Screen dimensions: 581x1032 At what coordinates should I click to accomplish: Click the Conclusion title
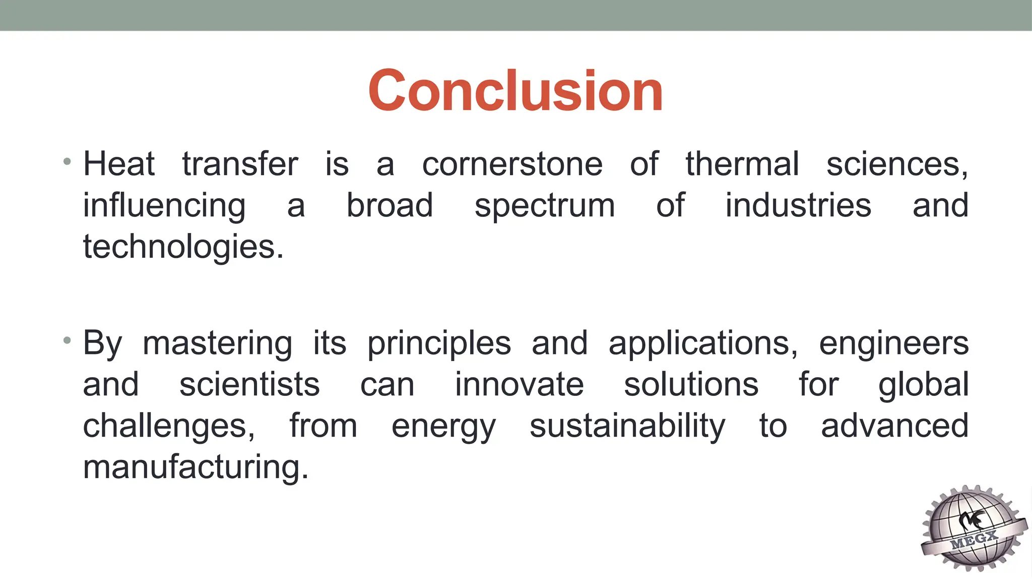coord(515,91)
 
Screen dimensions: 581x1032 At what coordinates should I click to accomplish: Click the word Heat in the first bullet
coord(119,164)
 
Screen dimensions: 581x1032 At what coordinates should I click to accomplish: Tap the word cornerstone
coord(512,164)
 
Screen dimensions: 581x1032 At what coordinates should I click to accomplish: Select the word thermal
coord(742,164)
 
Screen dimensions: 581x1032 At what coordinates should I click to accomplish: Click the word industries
coord(798,205)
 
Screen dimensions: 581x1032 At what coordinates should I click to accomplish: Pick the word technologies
coord(183,247)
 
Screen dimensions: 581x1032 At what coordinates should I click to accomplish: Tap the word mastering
coord(217,343)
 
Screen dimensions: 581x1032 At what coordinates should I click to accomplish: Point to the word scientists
coord(249,385)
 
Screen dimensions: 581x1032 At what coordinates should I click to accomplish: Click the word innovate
coord(519,385)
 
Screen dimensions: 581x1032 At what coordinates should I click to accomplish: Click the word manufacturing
coord(195,468)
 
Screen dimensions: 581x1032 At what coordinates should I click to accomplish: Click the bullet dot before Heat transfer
coord(67,162)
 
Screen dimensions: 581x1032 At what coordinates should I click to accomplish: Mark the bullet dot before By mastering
coord(67,341)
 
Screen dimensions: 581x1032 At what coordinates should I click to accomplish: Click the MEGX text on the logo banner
coord(974,540)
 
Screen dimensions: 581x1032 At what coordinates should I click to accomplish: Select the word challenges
coord(169,427)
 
